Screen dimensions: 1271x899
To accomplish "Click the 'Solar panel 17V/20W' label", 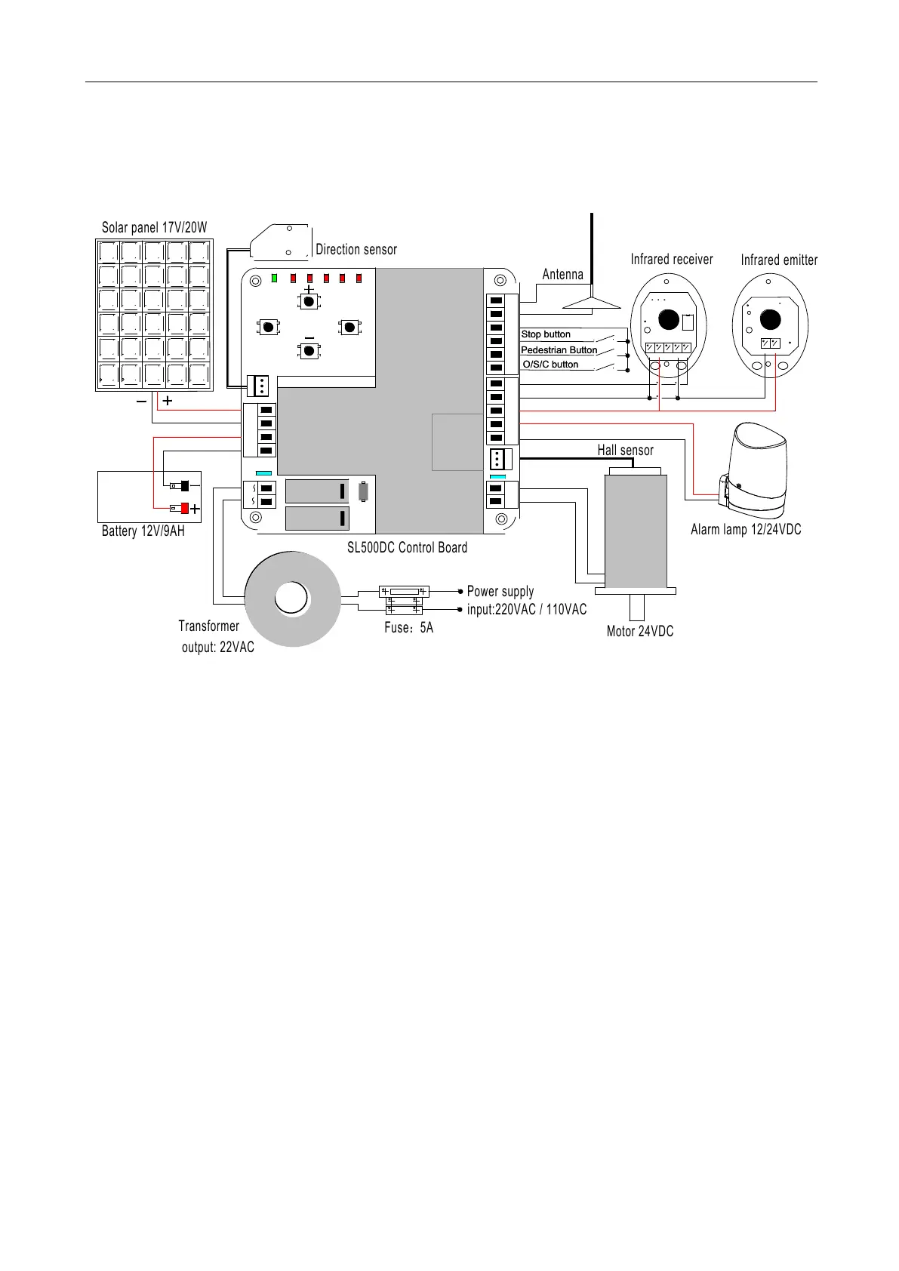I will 154,228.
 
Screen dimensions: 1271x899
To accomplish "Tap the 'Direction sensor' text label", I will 356,250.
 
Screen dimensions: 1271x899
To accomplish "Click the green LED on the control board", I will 276,278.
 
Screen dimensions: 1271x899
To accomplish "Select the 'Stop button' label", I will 546,334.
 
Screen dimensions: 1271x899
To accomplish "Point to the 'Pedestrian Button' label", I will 559,350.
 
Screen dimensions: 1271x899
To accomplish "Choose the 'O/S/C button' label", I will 550,365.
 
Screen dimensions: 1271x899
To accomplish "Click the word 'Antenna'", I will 562,275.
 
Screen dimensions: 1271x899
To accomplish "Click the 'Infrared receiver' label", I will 671,260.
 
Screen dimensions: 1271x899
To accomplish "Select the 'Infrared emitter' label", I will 778,260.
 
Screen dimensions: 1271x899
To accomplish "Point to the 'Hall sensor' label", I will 625,451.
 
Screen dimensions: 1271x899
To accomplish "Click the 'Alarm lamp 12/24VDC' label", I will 745,530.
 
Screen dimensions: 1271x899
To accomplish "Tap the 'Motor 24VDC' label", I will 639,632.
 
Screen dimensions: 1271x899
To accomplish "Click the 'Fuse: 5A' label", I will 408,628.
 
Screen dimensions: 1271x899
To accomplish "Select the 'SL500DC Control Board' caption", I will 407,548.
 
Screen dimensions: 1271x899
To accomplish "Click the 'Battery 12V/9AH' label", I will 143,531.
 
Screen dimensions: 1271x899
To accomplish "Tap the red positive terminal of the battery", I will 184,508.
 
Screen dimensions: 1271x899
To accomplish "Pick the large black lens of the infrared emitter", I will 770,319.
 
